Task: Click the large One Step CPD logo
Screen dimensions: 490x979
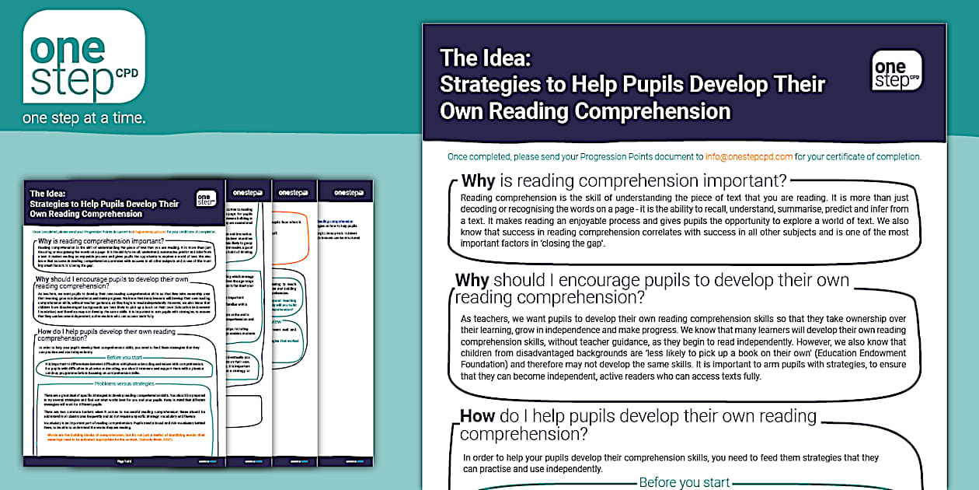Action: click(84, 57)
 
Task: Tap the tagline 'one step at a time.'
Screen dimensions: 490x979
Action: click(84, 118)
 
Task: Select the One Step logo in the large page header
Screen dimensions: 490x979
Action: click(897, 71)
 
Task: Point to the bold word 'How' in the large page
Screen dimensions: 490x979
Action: click(477, 415)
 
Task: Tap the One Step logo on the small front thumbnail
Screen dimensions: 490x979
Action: click(206, 198)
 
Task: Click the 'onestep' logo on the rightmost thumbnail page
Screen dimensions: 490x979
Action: click(347, 192)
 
